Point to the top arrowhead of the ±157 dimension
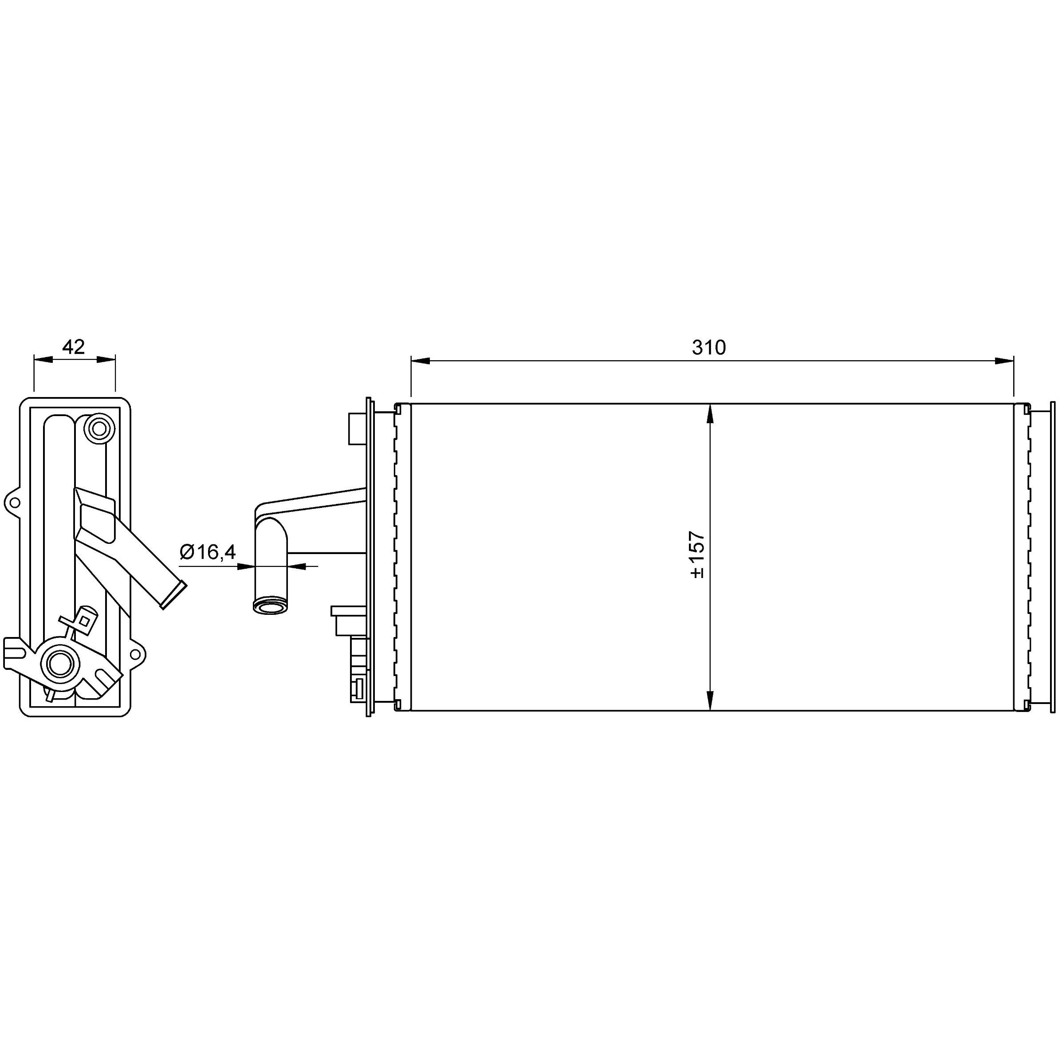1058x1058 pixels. (x=710, y=414)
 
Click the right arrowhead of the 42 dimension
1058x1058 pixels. (x=106, y=359)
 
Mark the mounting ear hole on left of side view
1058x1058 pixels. (x=14, y=502)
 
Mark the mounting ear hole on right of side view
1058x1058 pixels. (x=135, y=654)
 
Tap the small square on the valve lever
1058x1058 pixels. (x=84, y=621)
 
